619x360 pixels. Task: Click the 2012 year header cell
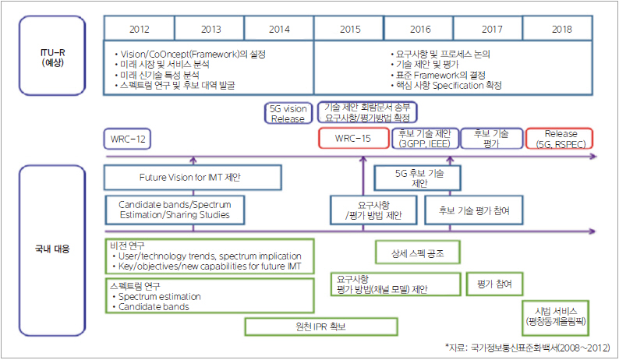[139, 28]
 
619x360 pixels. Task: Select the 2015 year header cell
[349, 28]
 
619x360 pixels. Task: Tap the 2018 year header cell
[558, 28]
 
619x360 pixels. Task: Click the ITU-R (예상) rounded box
[52, 55]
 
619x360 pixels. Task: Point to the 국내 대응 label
[52, 249]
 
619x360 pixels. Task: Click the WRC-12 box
[127, 139]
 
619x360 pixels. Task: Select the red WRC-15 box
[353, 138]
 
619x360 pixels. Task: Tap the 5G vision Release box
[288, 113]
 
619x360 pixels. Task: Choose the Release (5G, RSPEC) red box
[560, 139]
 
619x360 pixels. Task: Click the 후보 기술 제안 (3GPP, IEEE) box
[425, 139]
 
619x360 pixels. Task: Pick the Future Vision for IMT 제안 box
[193, 178]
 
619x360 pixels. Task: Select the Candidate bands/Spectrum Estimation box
[175, 210]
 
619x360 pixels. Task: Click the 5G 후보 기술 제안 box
[417, 178]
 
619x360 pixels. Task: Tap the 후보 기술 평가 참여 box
[474, 210]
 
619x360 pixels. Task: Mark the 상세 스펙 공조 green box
[418, 252]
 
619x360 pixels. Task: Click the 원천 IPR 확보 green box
[321, 326]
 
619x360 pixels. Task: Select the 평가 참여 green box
[494, 284]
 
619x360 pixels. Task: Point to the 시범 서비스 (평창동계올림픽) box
[555, 318]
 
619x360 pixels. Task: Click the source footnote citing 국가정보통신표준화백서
[528, 348]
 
